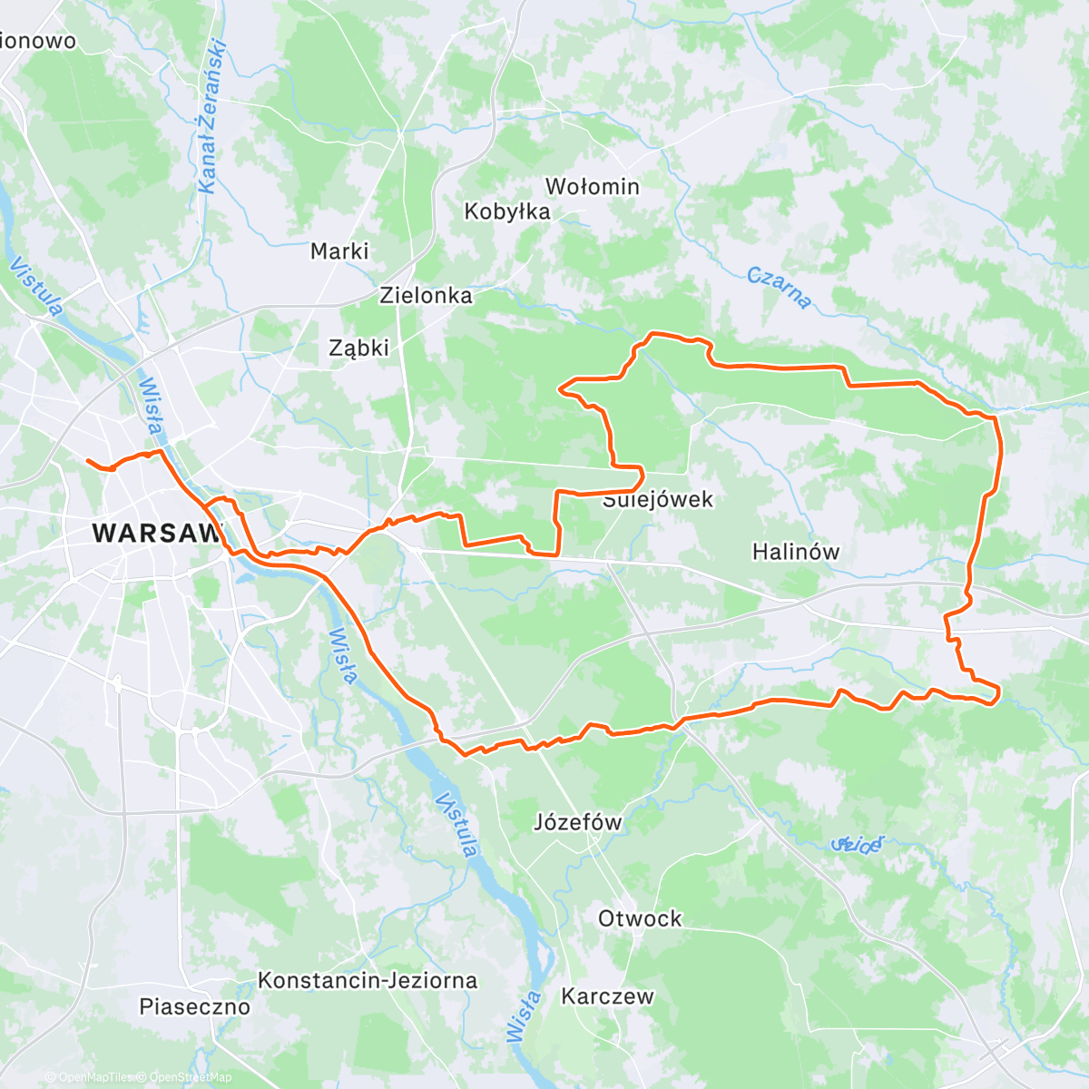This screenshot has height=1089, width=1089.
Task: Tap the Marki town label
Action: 339,251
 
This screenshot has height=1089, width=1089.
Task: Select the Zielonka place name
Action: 426,295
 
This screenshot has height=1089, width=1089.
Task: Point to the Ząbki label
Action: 359,348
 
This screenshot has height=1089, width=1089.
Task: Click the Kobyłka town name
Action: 507,211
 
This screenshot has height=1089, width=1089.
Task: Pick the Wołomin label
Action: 592,187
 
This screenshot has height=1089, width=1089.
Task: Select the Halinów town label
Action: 796,552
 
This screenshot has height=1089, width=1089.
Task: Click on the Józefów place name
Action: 578,823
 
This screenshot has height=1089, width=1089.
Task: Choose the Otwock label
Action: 640,918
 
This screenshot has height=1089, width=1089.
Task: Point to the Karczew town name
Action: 607,996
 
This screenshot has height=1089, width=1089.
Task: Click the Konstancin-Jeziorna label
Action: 368,980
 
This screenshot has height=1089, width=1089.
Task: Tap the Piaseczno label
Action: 194,1006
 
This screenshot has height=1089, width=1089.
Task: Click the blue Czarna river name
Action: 779,288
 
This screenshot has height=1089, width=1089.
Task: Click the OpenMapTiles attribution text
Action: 93,1077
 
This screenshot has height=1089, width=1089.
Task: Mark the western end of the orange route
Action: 88,461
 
